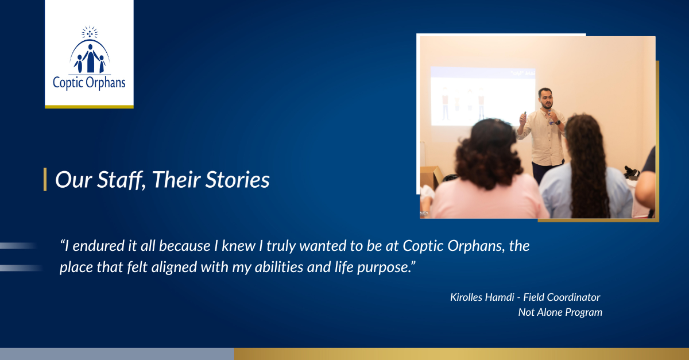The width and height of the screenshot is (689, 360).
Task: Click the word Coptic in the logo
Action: pyautogui.click(x=68, y=83)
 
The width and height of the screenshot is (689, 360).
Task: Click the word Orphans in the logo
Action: pyautogui.click(x=106, y=83)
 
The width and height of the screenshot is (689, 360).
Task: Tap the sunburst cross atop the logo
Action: pyautogui.click(x=90, y=32)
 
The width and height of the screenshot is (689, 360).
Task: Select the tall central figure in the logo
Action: pyautogui.click(x=91, y=58)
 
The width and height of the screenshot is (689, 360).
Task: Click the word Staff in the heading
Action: pyautogui.click(x=121, y=180)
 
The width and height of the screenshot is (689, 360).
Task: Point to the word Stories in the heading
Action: pyautogui.click(x=238, y=180)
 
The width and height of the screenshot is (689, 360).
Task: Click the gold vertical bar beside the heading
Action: pyautogui.click(x=45, y=179)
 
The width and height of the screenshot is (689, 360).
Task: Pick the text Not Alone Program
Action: pyautogui.click(x=560, y=312)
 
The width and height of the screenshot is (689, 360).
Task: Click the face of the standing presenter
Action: pyautogui.click(x=546, y=98)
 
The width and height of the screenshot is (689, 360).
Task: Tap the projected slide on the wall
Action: pyautogui.click(x=483, y=96)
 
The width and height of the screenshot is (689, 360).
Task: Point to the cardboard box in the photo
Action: pyautogui.click(x=431, y=177)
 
